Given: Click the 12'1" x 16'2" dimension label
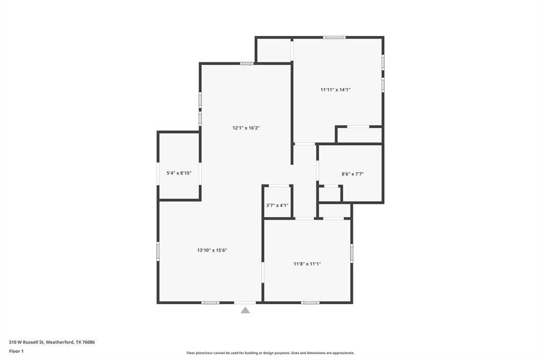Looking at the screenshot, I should (246, 128).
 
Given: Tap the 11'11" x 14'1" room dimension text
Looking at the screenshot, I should (335, 90).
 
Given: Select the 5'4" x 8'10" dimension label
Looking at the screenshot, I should (179, 173).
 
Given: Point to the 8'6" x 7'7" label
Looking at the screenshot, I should (352, 174).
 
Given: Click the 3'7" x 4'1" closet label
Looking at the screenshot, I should (277, 205).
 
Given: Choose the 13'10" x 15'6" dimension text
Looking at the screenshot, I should (212, 250).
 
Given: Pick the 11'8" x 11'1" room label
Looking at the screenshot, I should (307, 264).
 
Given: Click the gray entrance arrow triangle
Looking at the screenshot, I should (245, 310).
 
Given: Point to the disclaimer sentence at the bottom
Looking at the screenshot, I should (270, 353).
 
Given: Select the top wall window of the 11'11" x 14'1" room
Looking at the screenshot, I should (334, 37).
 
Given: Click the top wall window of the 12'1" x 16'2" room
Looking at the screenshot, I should (246, 63).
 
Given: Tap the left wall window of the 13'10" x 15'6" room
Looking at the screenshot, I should (158, 251).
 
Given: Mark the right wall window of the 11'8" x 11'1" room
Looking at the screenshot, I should (351, 253).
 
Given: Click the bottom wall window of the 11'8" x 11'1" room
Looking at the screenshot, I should (310, 302).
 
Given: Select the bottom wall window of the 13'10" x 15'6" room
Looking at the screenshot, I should (210, 302).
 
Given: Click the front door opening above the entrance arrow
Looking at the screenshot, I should (245, 302).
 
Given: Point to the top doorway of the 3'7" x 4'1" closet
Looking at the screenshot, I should (279, 185).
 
